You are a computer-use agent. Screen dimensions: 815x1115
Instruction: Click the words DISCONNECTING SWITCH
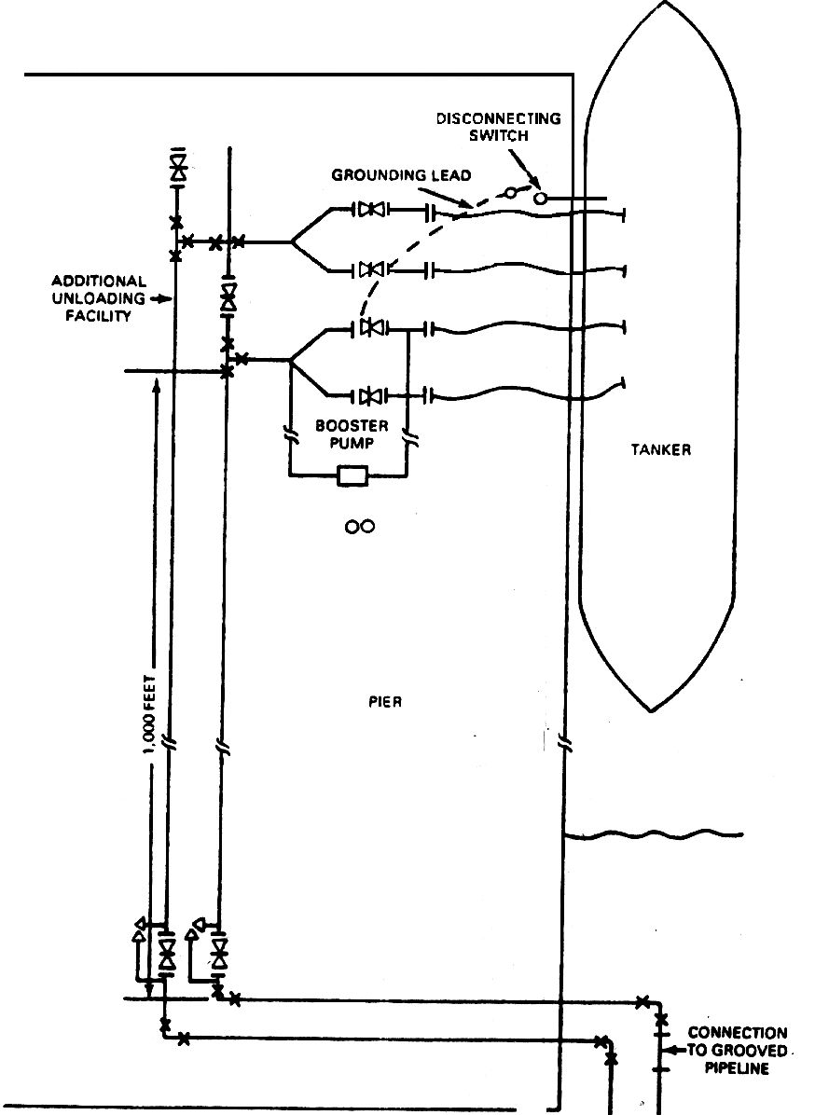click(x=499, y=127)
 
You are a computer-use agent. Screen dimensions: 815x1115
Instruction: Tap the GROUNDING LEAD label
click(x=401, y=175)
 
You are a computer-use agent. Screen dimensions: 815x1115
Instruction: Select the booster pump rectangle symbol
click(x=352, y=475)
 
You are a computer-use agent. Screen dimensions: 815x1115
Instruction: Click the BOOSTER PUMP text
click(x=352, y=434)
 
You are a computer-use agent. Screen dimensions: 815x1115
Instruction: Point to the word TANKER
click(x=661, y=449)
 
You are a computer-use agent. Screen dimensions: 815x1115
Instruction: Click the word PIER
click(x=385, y=702)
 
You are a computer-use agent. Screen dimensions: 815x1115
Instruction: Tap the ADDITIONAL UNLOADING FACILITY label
click(x=99, y=298)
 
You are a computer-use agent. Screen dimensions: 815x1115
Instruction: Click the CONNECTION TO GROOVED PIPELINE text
click(x=738, y=1051)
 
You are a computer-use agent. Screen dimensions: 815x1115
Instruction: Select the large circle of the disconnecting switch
click(x=541, y=198)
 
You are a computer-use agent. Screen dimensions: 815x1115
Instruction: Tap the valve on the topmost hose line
click(x=370, y=209)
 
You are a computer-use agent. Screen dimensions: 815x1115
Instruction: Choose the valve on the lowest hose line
click(x=370, y=395)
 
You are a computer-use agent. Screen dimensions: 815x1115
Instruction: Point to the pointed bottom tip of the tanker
click(x=652, y=710)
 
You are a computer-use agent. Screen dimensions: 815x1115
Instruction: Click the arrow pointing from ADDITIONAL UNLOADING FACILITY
click(x=163, y=299)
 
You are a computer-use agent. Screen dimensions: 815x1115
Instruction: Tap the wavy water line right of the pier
click(x=653, y=834)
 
